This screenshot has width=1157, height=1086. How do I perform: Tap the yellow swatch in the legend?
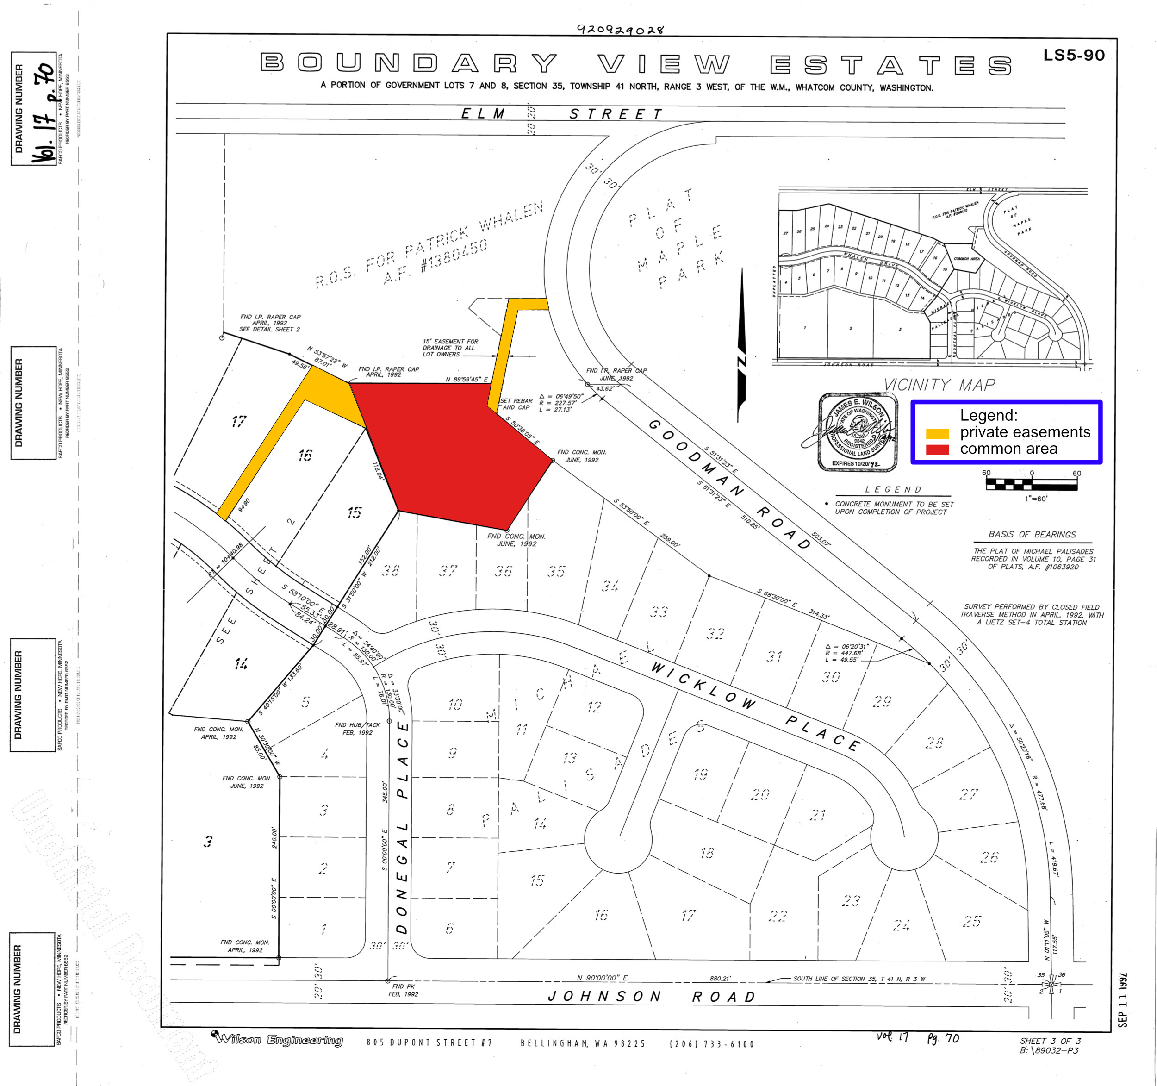pos(937,433)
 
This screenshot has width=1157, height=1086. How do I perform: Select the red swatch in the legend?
pos(937,449)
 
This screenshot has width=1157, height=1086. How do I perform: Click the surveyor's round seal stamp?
pos(857,431)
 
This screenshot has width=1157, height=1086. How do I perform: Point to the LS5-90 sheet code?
pos(1073,55)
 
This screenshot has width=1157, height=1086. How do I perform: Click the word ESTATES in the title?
pos(890,65)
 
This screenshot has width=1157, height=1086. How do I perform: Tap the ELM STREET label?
pos(562,113)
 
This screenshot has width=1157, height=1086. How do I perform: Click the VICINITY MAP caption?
pos(939,385)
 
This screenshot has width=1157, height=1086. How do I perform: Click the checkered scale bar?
pos(1031,483)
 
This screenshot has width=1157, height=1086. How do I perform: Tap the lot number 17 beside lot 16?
pos(239,421)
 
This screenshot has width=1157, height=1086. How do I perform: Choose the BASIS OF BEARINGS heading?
pos(1032,534)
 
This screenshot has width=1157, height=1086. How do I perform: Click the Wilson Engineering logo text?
pos(280,1039)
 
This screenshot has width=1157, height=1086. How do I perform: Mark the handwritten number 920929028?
pos(620,29)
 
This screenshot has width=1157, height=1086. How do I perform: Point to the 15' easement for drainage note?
pos(450,348)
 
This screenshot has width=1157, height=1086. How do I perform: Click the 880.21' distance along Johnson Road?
pos(720,978)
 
